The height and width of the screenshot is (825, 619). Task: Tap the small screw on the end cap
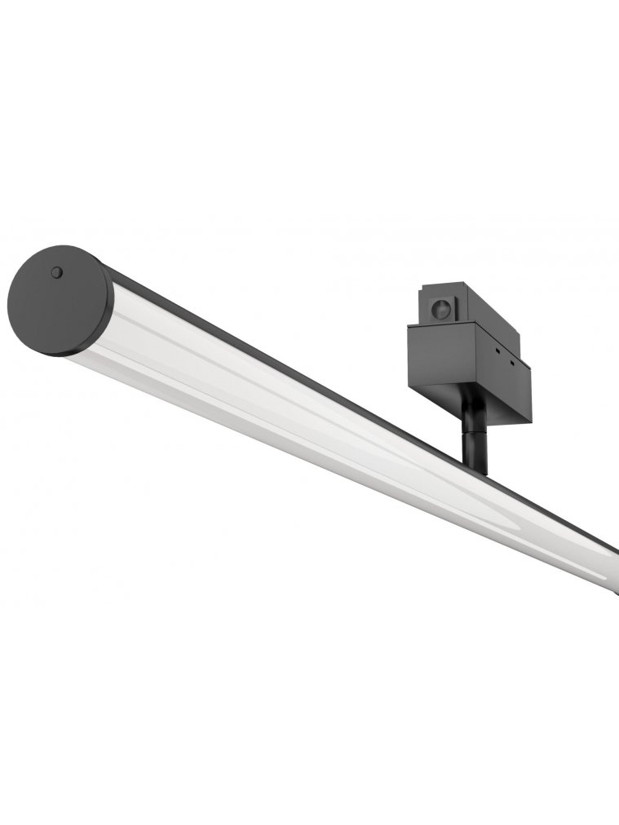56,272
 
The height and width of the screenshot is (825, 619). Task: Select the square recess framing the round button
440,308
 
